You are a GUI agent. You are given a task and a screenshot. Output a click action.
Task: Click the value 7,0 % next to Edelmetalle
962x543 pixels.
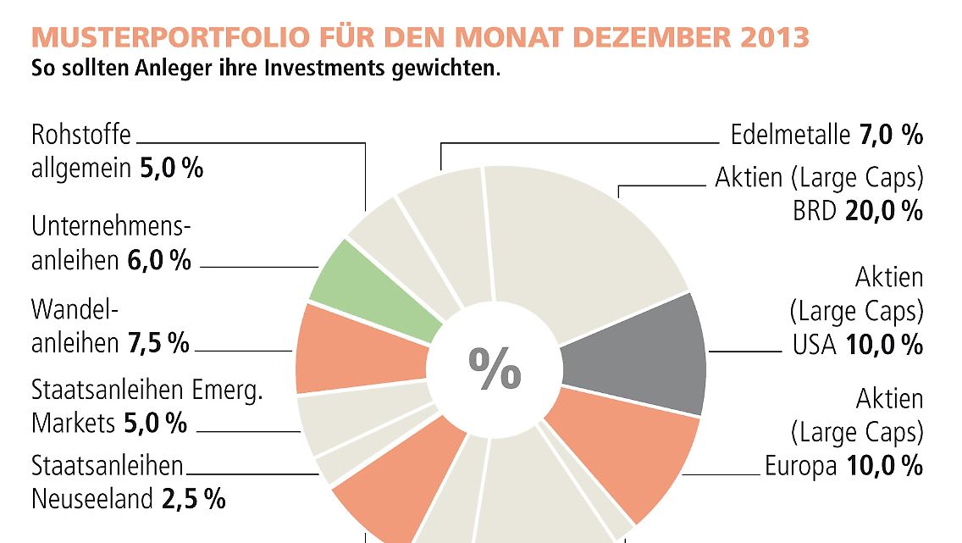coord(891,135)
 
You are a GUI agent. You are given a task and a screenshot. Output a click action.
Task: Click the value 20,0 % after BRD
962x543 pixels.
coord(882,212)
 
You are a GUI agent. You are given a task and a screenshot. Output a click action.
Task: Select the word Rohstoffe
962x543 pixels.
coord(81,135)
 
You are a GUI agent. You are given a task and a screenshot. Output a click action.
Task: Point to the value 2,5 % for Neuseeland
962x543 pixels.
coord(193,499)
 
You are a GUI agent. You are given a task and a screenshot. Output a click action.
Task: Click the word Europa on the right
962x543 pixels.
coord(800,466)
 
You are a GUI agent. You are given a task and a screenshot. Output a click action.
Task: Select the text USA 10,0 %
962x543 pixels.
coord(856,345)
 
